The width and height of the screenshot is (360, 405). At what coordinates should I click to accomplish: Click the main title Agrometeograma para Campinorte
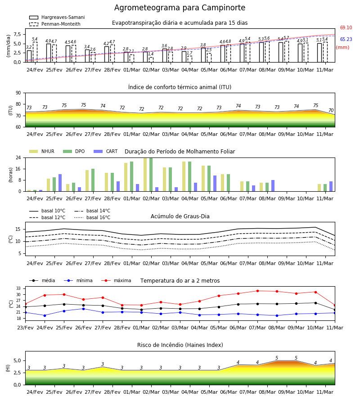pos(180,8)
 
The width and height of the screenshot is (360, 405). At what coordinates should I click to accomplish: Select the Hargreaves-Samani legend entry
pos(57,17)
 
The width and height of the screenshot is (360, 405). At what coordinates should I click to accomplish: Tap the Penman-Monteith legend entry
pos(55,24)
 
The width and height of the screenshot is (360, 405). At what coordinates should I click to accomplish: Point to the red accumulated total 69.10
pos(346,27)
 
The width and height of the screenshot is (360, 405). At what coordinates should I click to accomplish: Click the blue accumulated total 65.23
pos(346,39)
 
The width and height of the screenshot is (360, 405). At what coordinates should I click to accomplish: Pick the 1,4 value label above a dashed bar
pos(151,54)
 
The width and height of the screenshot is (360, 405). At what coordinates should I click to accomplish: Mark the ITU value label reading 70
pos(331,110)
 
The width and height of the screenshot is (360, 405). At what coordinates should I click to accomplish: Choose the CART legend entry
pos(106,151)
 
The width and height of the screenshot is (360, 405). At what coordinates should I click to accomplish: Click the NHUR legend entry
pos(42,151)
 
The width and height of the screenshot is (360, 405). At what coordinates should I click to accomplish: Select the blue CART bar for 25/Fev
pos(60,183)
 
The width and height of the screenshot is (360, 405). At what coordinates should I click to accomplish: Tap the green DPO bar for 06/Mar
pos(228,183)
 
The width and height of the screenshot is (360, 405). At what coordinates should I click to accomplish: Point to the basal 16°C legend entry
pos(92,217)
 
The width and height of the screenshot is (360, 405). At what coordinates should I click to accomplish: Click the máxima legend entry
pos(116,280)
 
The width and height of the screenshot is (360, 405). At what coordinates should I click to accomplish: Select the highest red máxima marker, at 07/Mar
pos(257,291)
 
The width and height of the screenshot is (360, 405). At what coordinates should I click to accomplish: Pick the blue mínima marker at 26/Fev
pos(83,309)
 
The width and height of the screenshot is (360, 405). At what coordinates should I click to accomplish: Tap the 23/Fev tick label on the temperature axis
pos(25,328)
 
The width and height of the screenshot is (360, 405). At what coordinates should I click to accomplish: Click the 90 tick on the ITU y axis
pos(18,93)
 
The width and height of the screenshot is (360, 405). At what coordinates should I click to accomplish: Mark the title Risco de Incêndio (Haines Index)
pos(180,345)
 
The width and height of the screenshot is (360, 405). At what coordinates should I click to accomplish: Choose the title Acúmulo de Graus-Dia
pos(180,216)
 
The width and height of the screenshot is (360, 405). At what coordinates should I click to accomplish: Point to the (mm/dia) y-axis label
pos(8,46)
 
